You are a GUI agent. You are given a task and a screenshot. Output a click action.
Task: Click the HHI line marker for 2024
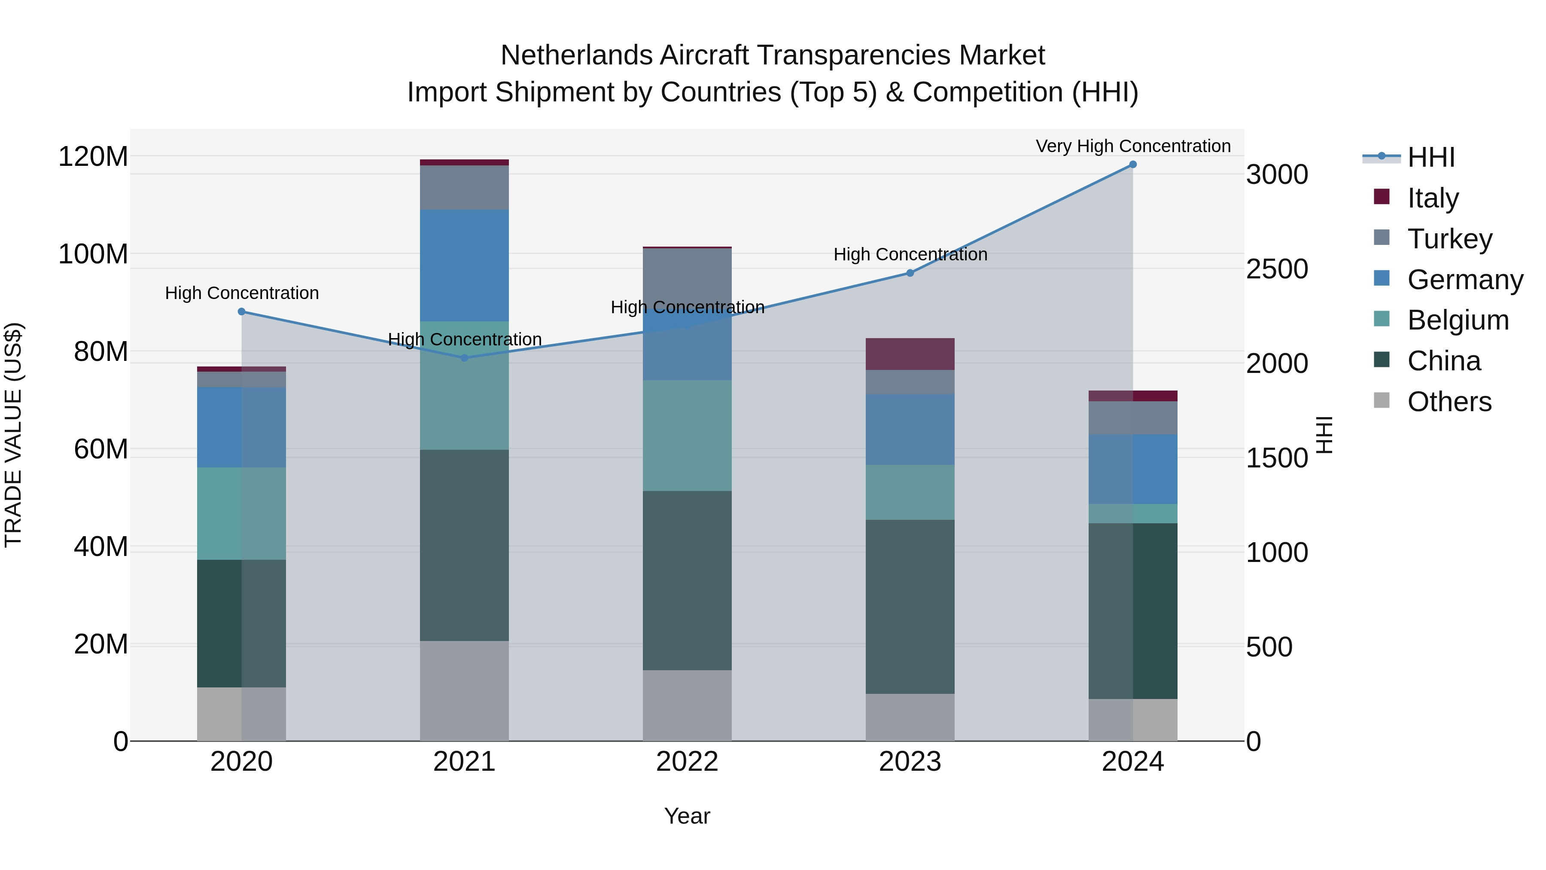click(1132, 165)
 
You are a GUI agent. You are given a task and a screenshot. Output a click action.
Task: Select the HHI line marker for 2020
click(241, 311)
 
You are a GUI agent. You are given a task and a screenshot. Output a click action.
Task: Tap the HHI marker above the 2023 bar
click(910, 273)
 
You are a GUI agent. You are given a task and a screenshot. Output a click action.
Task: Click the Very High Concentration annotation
click(1132, 147)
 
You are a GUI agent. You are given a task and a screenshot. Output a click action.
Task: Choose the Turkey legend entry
click(1449, 239)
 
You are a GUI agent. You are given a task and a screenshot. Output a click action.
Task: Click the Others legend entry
click(1449, 402)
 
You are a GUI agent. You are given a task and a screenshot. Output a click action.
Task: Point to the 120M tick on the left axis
click(93, 157)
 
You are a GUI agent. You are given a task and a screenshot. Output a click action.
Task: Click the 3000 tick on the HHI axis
click(1277, 175)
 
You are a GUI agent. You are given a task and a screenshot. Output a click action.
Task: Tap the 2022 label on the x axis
click(687, 762)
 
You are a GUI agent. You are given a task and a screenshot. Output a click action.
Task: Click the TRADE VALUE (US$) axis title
click(13, 435)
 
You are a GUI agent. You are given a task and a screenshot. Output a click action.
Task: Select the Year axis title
click(687, 816)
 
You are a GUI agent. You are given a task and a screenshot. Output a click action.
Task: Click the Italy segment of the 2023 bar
click(910, 354)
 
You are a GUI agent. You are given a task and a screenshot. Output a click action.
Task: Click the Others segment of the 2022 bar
click(687, 705)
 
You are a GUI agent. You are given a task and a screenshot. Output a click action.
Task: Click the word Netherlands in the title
click(577, 55)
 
